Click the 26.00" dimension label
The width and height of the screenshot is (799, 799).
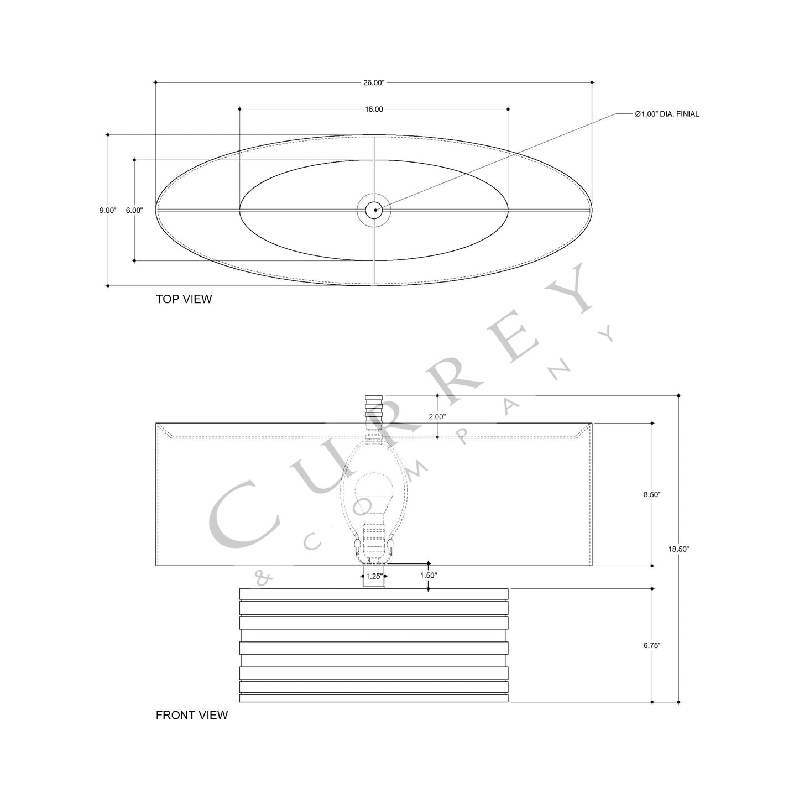[x=374, y=83]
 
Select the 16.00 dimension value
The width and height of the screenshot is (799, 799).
[x=374, y=109]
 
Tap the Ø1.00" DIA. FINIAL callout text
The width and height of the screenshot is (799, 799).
[x=667, y=114]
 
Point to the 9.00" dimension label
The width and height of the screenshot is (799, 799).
[x=108, y=210]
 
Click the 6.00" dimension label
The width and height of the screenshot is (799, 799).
[x=134, y=210]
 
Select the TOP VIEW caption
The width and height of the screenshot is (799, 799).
[x=184, y=299]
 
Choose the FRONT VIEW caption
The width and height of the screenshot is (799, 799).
[x=191, y=715]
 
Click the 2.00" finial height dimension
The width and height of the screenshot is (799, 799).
[x=437, y=416]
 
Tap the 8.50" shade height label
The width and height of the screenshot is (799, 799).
[x=652, y=495]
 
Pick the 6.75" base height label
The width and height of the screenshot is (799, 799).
[x=652, y=645]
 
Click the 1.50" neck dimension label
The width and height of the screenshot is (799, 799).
[x=429, y=575]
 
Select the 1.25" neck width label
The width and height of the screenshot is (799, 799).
[x=374, y=576]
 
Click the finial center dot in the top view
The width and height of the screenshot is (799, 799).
[x=374, y=210]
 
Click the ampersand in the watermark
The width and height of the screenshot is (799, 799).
[x=263, y=577]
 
